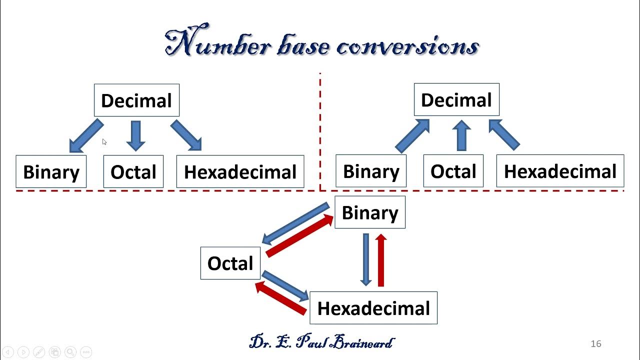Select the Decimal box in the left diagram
click(136, 100)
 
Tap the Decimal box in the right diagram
click(456, 100)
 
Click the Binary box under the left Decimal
click(51, 172)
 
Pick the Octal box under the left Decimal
click(133, 172)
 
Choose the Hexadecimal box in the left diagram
click(240, 172)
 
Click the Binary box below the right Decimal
click(371, 171)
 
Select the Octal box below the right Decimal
click(453, 171)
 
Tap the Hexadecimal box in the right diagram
click(560, 171)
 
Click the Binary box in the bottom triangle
click(370, 212)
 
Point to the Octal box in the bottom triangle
click(230, 263)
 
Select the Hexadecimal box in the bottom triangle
click(373, 308)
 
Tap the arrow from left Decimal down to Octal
click(135, 135)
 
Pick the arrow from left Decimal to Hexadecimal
click(186, 135)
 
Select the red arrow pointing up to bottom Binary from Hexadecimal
click(381, 260)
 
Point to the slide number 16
click(595, 343)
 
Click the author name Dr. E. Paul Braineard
click(321, 342)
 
